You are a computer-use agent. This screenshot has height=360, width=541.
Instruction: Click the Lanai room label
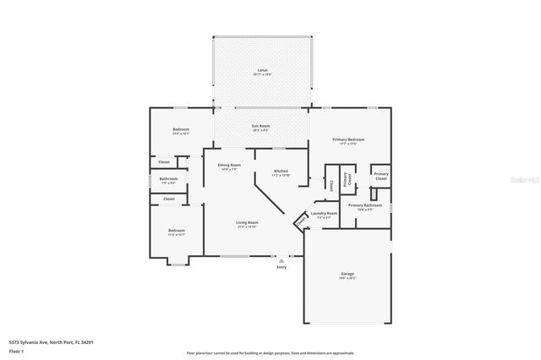pyautogui.click(x=262, y=71)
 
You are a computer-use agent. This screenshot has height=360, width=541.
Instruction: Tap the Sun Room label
pyautogui.click(x=260, y=128)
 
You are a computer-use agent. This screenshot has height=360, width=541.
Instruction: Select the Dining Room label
pyautogui.click(x=229, y=166)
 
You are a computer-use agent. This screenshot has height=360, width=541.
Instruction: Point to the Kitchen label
pyautogui.click(x=281, y=172)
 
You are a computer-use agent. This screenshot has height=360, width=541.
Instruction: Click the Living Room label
pyautogui.click(x=248, y=224)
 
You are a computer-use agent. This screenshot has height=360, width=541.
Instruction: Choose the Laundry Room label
pyautogui.click(x=325, y=214)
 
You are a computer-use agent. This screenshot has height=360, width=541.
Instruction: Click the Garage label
pyautogui.click(x=347, y=275)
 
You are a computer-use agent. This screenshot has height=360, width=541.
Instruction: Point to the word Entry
pyautogui.click(x=281, y=267)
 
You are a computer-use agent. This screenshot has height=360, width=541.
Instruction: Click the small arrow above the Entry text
pyautogui.click(x=281, y=260)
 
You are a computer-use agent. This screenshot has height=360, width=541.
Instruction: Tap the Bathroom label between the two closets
pyautogui.click(x=168, y=179)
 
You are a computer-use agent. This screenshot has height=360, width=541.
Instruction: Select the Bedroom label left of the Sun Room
pyautogui.click(x=181, y=130)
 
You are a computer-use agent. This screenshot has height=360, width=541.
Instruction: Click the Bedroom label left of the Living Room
pyautogui.click(x=176, y=232)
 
